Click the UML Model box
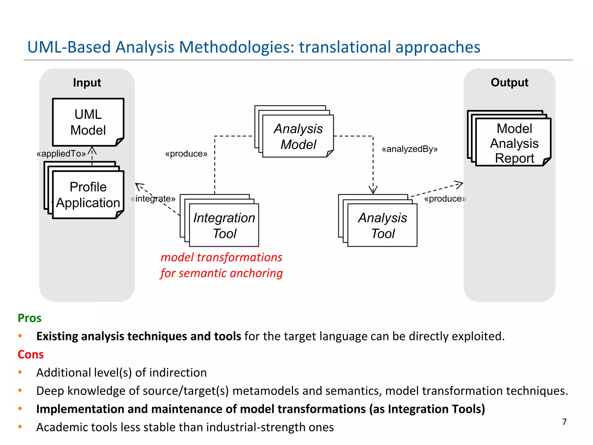[88, 122]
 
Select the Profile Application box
[88, 195]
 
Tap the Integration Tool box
[224, 225]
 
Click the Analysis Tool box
[382, 225]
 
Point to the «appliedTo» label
[61, 154]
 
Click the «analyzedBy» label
[409, 149]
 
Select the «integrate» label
[153, 199]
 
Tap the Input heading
[87, 83]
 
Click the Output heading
[509, 83]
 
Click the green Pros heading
[30, 318]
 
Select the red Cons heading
[31, 354]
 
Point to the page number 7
[564, 422]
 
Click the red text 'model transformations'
[222, 257]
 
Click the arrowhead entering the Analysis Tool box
[373, 190]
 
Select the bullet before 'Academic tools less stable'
[20, 427]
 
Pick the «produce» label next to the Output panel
[445, 199]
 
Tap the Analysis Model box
[298, 136]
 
